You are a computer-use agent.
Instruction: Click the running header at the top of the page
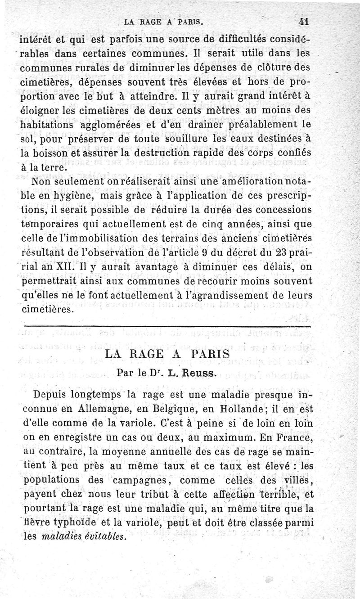click(x=163, y=21)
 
